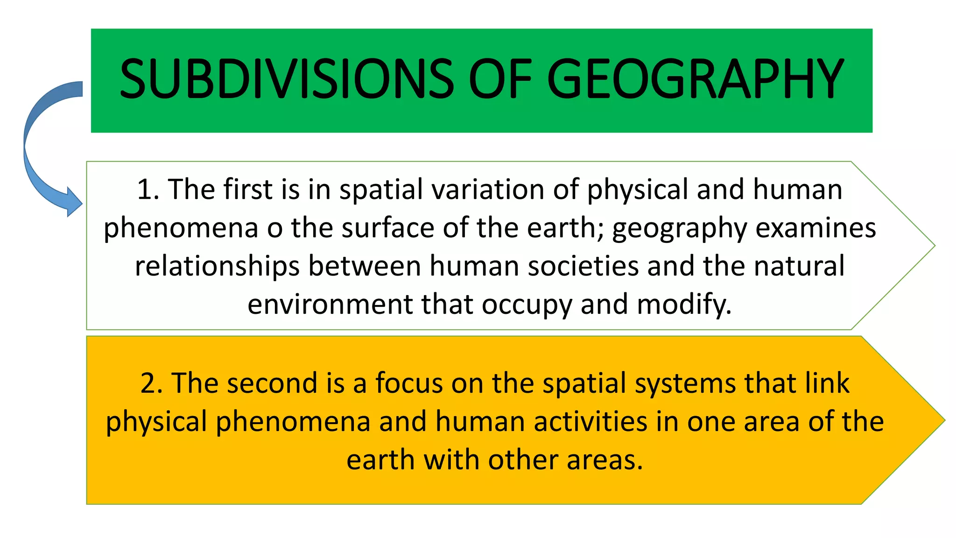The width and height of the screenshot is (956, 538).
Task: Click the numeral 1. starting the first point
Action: click(x=148, y=190)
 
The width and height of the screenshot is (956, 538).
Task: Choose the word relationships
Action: click(x=217, y=266)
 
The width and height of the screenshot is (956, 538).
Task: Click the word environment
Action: click(x=330, y=304)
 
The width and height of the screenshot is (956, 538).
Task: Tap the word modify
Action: click(x=684, y=304)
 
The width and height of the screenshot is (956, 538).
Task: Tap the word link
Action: click(x=826, y=383)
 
